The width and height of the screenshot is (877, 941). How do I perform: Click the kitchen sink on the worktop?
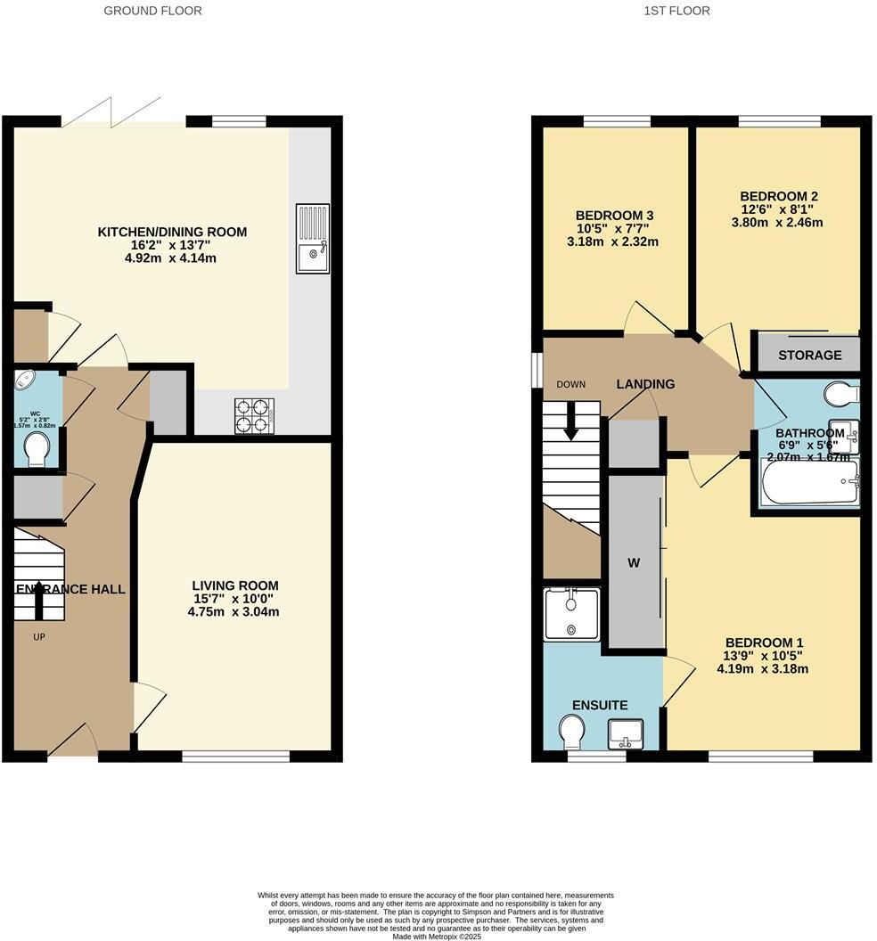(x=313, y=238)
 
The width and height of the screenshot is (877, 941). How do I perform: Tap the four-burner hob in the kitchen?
(x=255, y=415)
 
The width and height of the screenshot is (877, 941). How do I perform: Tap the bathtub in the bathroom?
(x=808, y=483)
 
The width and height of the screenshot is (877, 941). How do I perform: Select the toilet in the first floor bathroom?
(x=840, y=393)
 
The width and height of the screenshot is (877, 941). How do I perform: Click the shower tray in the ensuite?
(x=571, y=614)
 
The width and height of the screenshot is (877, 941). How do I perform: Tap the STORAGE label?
(x=809, y=355)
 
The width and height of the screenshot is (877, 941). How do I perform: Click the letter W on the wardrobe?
(x=634, y=562)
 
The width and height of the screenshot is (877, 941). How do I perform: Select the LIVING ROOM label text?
(x=235, y=585)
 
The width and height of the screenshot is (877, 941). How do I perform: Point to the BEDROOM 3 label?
(x=614, y=216)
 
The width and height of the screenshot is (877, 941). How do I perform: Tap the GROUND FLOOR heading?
(x=153, y=11)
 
